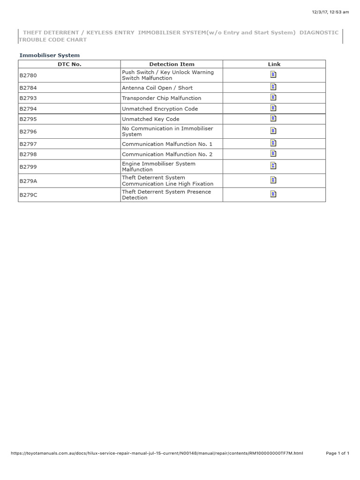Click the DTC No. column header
[x=69, y=64]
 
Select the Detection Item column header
[x=172, y=64]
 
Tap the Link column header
[x=274, y=64]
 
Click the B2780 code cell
[x=28, y=75]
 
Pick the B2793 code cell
[x=28, y=98]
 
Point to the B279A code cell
[x=28, y=180]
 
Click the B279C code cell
[x=28, y=195]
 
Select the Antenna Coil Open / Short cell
[x=157, y=88]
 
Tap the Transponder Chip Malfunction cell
[x=161, y=98]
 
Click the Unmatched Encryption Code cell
[x=160, y=109]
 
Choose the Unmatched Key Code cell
[x=150, y=119]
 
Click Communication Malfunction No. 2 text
[x=167, y=154]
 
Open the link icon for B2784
[x=274, y=87]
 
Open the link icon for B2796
[x=274, y=131]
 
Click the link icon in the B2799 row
[x=274, y=165]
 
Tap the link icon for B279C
[x=274, y=194]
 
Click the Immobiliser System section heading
[x=49, y=55]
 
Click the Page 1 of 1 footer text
[x=337, y=453]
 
